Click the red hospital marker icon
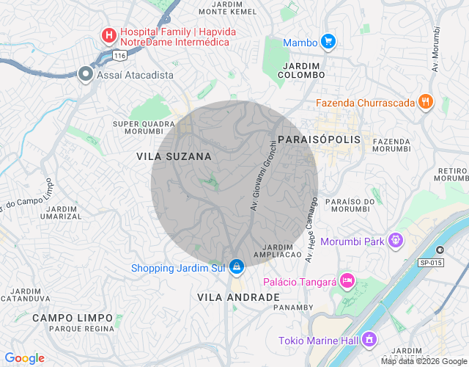108,34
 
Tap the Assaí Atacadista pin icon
86,74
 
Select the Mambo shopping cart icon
329,42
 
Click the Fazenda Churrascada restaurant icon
426,103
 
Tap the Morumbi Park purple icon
396,240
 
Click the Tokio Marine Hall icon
369,340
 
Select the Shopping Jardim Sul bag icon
236,267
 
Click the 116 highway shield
120,56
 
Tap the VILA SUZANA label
174,156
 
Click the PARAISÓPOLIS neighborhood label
320,139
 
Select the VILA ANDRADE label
238,297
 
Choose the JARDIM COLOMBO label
303,70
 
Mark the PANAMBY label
293,308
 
